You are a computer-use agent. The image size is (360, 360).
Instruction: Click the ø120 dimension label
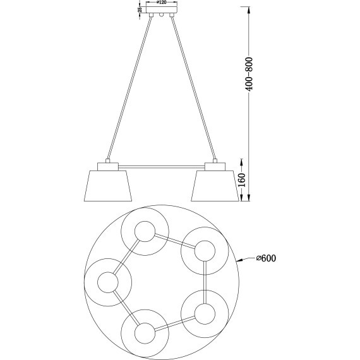(x=162, y=3)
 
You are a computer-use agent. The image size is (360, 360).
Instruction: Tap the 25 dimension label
(x=140, y=9)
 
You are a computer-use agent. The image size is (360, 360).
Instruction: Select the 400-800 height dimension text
(x=249, y=74)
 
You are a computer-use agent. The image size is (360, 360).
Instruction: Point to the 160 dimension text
(x=242, y=180)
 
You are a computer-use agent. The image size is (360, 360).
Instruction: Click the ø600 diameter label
(x=267, y=258)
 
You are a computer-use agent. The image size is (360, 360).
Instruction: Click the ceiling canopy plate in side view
(x=162, y=10)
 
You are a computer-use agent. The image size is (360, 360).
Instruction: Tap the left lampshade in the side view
(x=108, y=186)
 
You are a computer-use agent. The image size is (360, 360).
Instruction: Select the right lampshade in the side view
(x=215, y=186)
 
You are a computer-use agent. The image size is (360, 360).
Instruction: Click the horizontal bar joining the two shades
(x=162, y=167)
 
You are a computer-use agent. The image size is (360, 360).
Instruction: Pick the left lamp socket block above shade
(x=108, y=167)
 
